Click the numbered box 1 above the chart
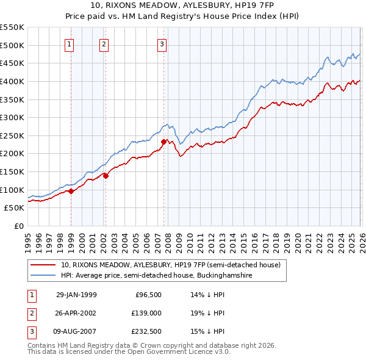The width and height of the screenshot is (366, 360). point(70,44)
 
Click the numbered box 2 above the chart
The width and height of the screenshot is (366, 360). point(104,44)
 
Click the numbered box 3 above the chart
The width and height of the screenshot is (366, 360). point(162,44)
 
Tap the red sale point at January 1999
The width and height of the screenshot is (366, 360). point(71,191)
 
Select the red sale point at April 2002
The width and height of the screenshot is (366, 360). point(106,176)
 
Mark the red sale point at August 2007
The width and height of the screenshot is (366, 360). point(163,142)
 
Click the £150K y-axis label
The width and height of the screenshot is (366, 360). point(12,171)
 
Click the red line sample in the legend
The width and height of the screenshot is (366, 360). point(43,265)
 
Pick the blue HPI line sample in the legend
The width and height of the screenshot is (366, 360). point(43,276)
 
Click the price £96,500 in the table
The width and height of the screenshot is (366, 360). point(148,295)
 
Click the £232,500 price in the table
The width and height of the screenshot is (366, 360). point(146,331)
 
